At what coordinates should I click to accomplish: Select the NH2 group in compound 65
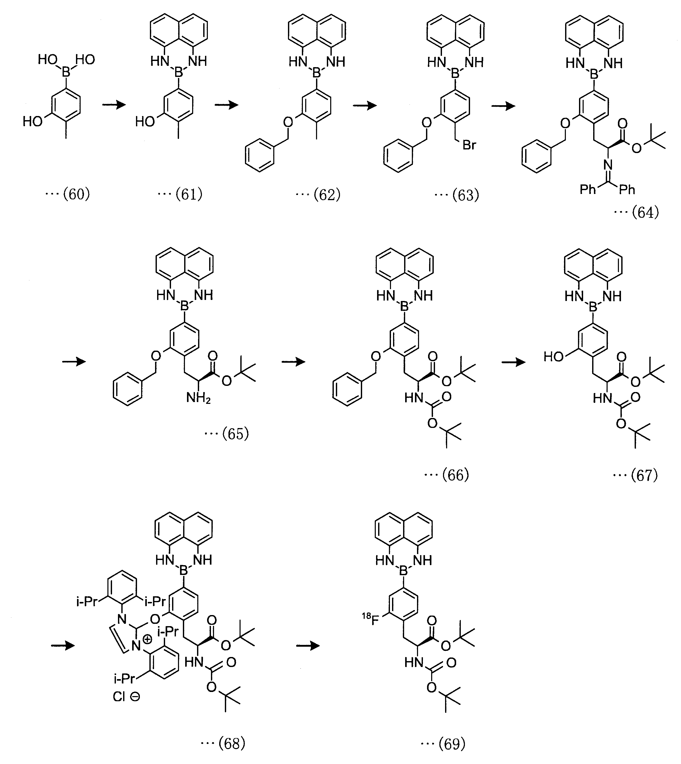198,398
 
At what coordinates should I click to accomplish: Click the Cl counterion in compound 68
119,697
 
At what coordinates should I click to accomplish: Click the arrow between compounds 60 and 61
114,105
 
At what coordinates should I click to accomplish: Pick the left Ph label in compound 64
588,190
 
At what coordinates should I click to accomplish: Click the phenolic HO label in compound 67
554,357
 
